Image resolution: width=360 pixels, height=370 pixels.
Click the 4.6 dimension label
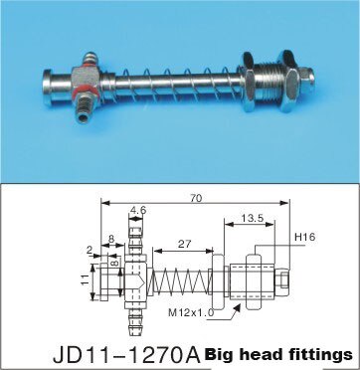(x=138, y=211)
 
